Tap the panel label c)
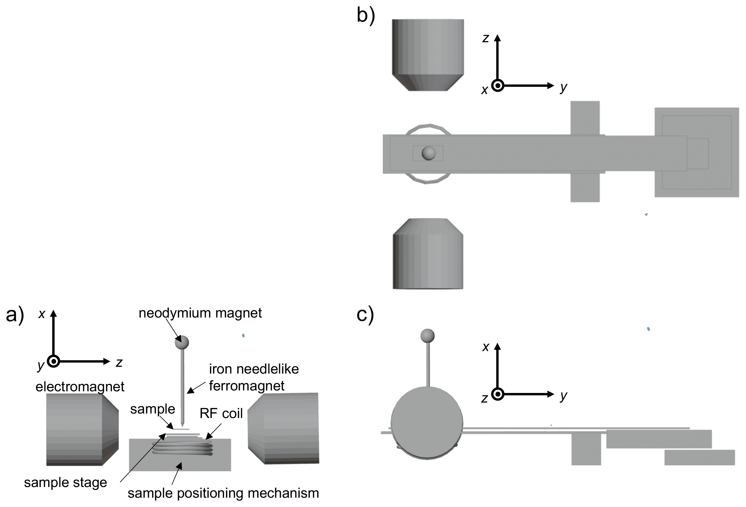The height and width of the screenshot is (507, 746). point(365,314)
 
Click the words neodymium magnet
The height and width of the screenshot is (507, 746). point(200,313)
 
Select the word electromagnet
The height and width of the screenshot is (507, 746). point(80,387)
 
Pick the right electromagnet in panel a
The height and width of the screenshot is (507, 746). point(284,428)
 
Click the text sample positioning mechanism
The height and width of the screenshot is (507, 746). point(223,493)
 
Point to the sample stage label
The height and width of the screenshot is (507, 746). point(65,483)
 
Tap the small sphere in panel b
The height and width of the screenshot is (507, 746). point(428,153)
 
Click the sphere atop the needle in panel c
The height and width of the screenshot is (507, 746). point(427,336)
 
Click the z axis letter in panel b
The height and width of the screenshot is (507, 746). point(486,39)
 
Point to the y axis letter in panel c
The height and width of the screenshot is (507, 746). point(563,396)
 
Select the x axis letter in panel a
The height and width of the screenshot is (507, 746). point(42,314)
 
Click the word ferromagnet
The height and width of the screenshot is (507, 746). point(247,386)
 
